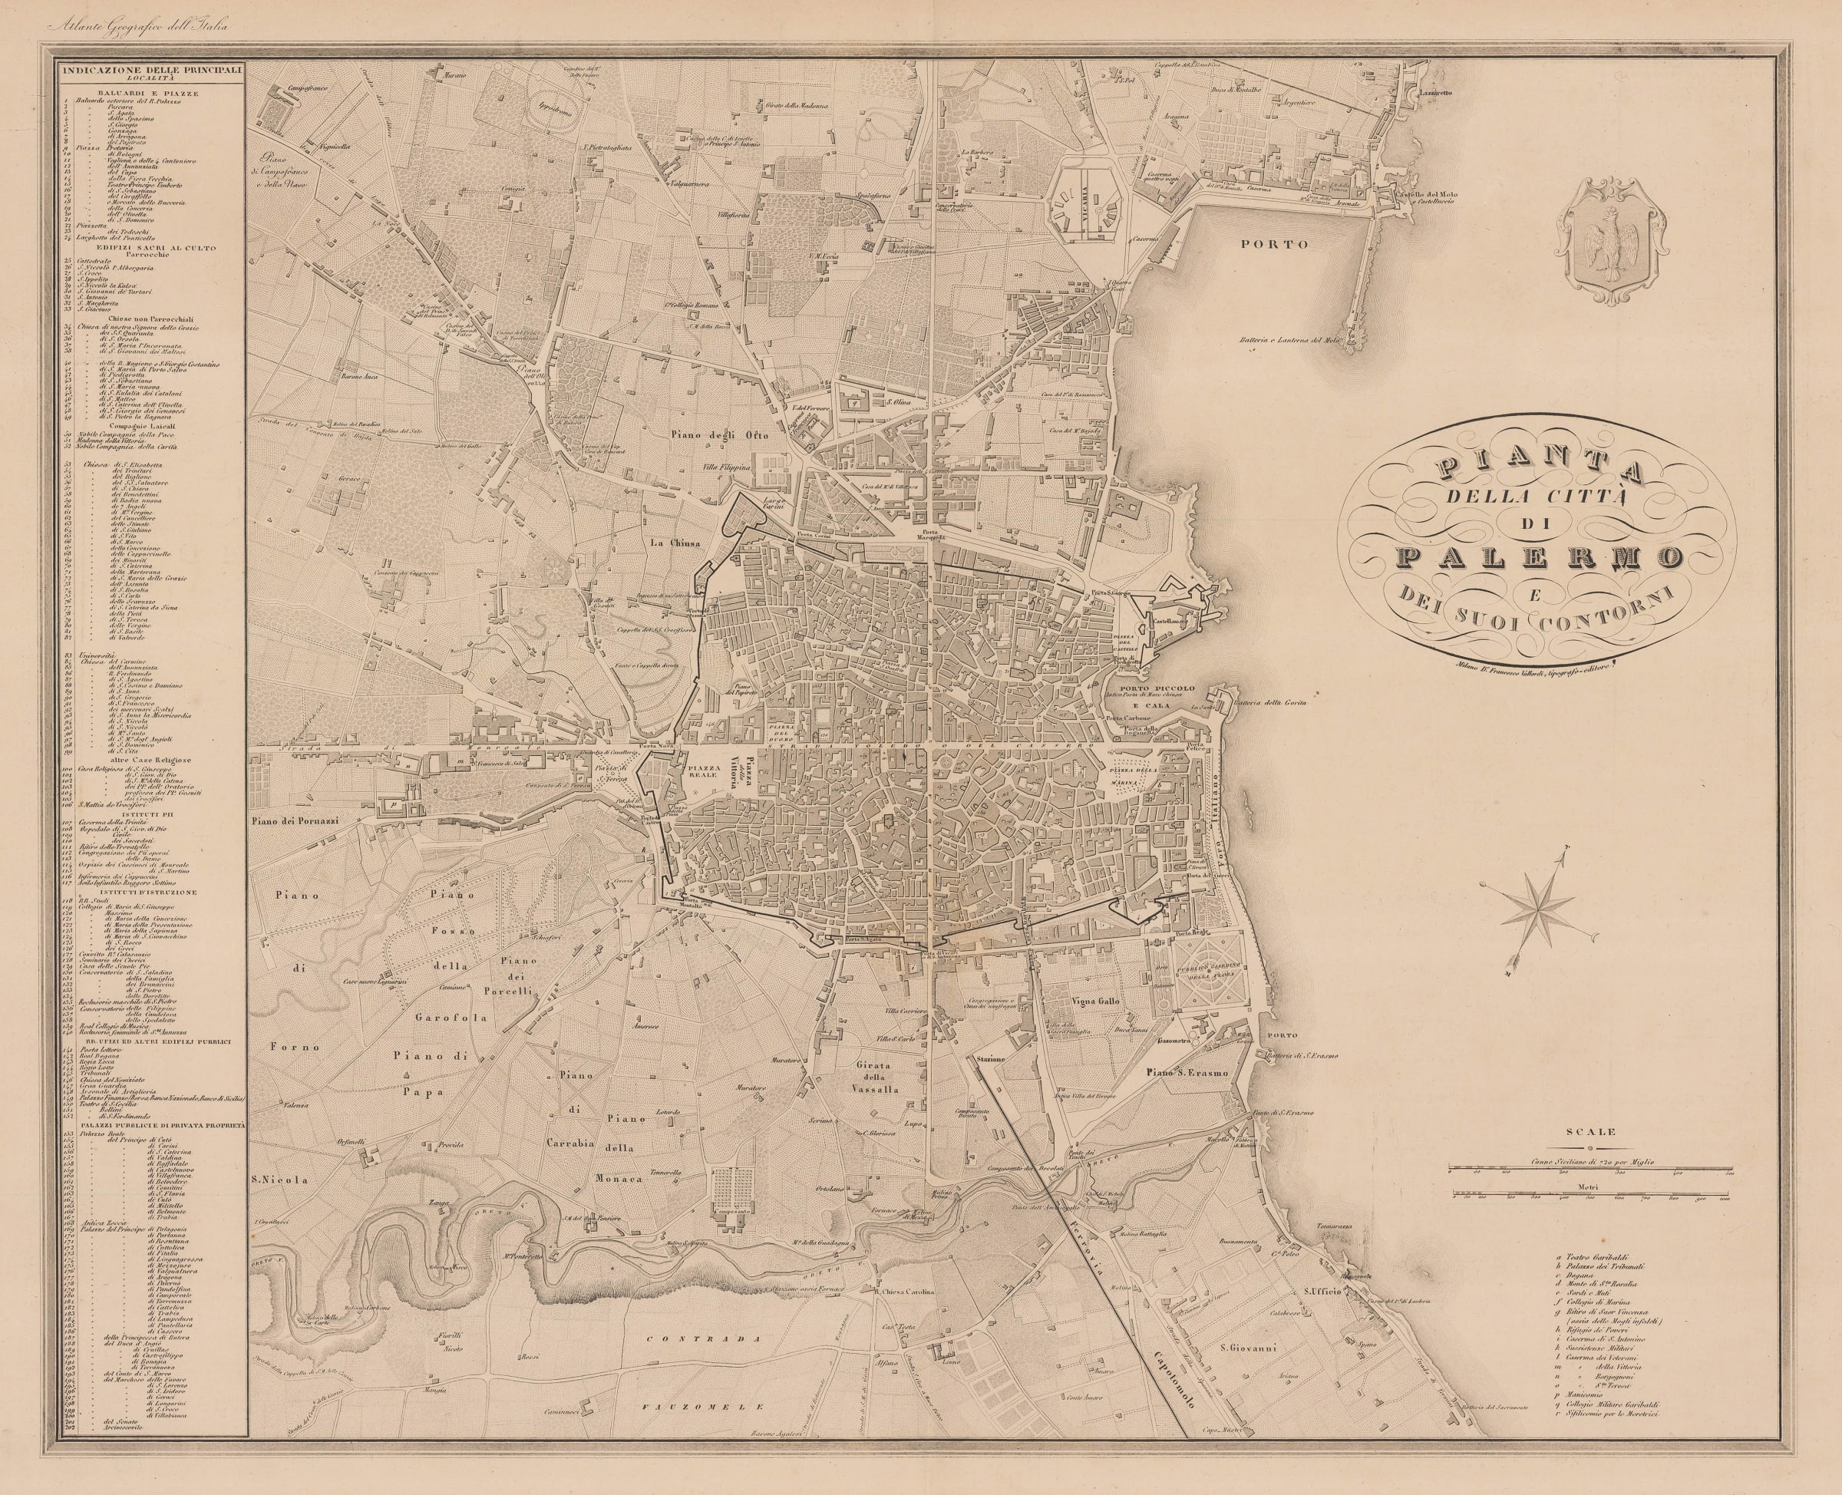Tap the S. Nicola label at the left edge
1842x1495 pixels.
274,1180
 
